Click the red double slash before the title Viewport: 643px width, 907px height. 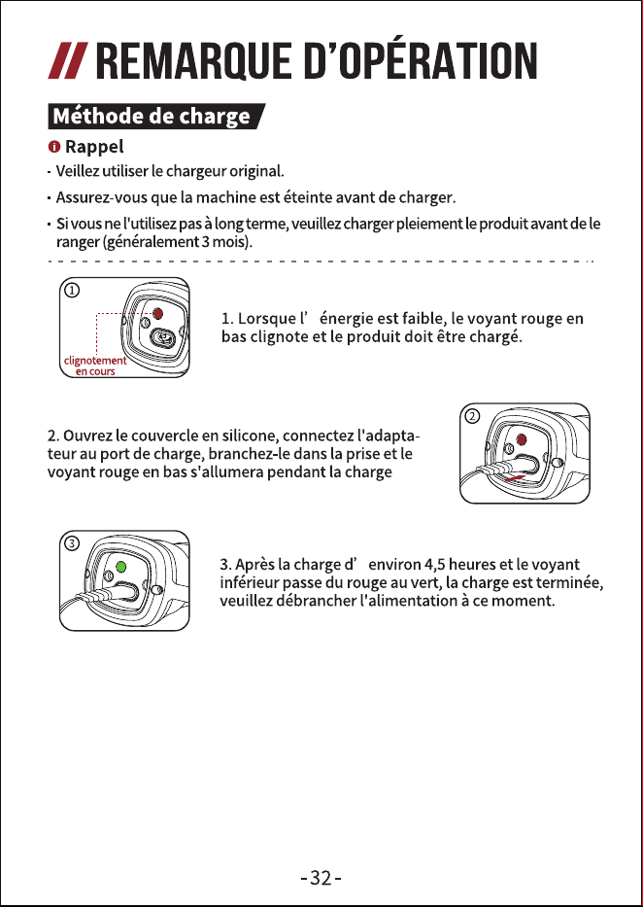pos(68,60)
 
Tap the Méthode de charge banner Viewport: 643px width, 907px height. pos(156,117)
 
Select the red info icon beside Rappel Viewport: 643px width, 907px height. pos(54,147)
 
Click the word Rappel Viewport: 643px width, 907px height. pos(94,148)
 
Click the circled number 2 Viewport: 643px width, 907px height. pos(473,416)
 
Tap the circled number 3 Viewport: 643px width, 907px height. pos(72,543)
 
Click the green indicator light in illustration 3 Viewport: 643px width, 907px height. pos(120,567)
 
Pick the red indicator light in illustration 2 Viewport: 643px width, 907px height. pos(522,439)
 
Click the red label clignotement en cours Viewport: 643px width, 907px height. pos(95,366)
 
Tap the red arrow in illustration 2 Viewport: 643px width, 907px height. pos(516,477)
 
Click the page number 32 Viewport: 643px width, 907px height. pos(321,878)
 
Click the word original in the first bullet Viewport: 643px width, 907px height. pos(255,172)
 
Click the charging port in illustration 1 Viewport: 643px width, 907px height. pos(163,337)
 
